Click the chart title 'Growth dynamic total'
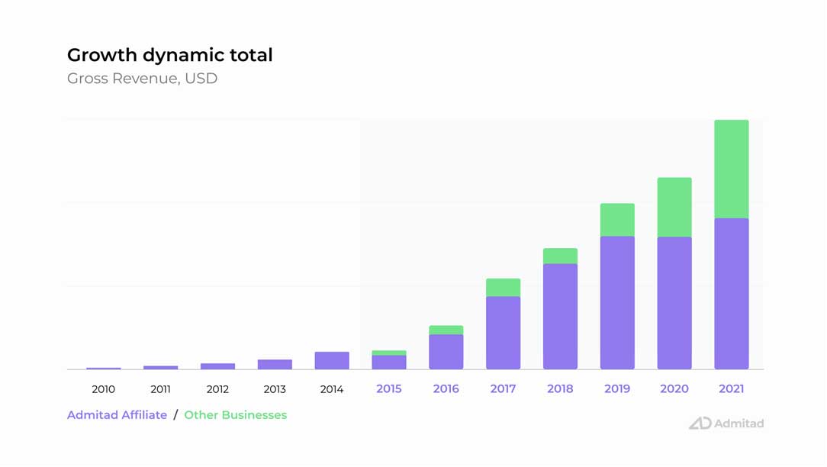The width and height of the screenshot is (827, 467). tap(169, 55)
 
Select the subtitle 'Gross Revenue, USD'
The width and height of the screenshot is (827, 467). tap(142, 79)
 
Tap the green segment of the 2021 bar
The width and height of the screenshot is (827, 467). tap(731, 169)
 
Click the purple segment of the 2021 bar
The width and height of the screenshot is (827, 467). tap(731, 294)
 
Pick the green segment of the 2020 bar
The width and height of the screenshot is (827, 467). tap(674, 208)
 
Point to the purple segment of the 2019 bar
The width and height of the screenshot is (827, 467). tap(617, 303)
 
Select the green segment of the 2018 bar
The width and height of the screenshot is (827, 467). tap(560, 256)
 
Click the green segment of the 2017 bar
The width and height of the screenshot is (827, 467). tap(503, 288)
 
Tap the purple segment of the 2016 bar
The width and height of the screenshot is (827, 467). tap(446, 352)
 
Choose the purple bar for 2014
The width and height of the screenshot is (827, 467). tap(332, 361)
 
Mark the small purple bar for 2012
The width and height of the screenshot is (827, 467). tap(217, 366)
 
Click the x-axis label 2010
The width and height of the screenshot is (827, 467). tap(103, 389)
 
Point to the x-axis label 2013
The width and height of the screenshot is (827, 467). tap(275, 389)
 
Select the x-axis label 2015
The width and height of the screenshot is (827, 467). tap(389, 389)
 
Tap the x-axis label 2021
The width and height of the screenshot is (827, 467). tap(731, 389)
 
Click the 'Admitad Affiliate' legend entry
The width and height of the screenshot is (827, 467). tap(117, 415)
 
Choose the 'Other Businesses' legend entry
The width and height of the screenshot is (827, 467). tap(236, 415)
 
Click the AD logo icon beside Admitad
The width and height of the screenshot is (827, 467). tap(700, 424)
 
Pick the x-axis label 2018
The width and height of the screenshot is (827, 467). tap(560, 389)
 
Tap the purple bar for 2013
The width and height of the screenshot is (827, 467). tap(275, 365)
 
